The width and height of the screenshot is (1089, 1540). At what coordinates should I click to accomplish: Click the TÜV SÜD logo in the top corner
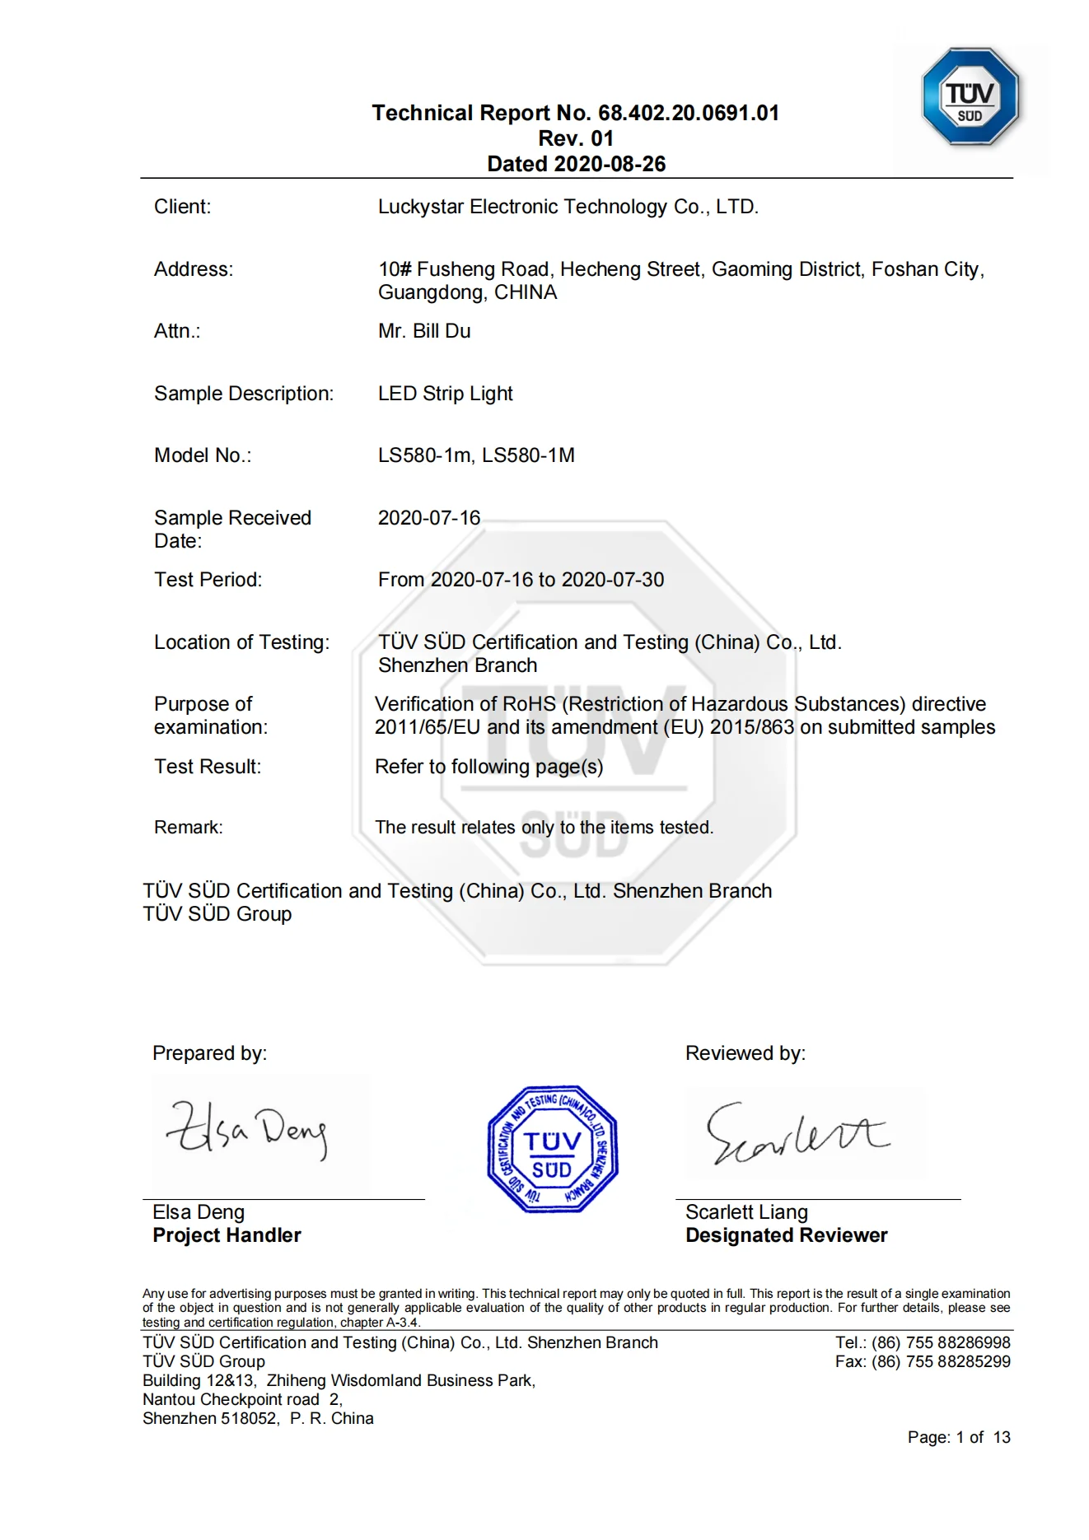pos(970,97)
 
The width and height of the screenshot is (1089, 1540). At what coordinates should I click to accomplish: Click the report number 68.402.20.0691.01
pos(688,113)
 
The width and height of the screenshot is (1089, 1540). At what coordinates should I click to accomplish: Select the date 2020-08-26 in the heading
pos(610,164)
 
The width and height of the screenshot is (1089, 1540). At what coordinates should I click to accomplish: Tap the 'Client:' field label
pos(182,207)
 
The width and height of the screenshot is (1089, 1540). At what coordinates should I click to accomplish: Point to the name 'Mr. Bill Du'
pos(424,331)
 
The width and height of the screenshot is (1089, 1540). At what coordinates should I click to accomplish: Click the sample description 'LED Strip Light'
pos(445,394)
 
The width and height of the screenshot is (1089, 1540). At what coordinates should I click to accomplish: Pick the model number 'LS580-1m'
pos(424,455)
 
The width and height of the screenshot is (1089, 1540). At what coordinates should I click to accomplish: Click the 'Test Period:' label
pos(208,580)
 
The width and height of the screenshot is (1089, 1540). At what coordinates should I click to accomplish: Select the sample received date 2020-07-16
pos(428,518)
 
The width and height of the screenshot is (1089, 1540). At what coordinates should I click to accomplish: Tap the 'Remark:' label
pos(188,828)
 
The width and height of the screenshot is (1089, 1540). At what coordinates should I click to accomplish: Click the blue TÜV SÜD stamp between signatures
pos(552,1149)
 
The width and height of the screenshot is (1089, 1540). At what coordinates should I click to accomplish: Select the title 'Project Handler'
pos(227,1235)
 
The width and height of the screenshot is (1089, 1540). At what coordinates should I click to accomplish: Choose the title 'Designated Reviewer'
pos(786,1235)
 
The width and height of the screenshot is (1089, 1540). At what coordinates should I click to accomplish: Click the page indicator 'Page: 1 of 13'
pos(958,1438)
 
